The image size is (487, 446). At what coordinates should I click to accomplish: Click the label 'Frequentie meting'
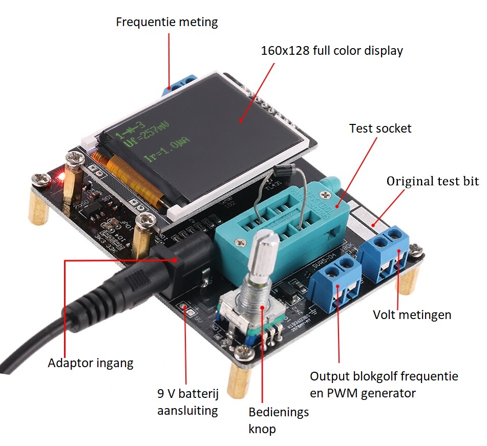[x=166, y=23]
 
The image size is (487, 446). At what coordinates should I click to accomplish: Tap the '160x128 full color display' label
[x=332, y=51]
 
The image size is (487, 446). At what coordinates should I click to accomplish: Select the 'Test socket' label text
[x=380, y=128]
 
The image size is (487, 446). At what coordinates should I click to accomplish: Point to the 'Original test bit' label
[x=433, y=181]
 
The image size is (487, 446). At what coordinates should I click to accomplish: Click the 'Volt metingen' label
[x=412, y=314]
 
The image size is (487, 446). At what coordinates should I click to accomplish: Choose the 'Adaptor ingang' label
[x=90, y=363]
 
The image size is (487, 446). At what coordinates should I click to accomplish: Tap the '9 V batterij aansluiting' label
[x=188, y=402]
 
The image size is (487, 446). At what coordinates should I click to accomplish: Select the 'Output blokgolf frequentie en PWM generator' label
[x=384, y=385]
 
